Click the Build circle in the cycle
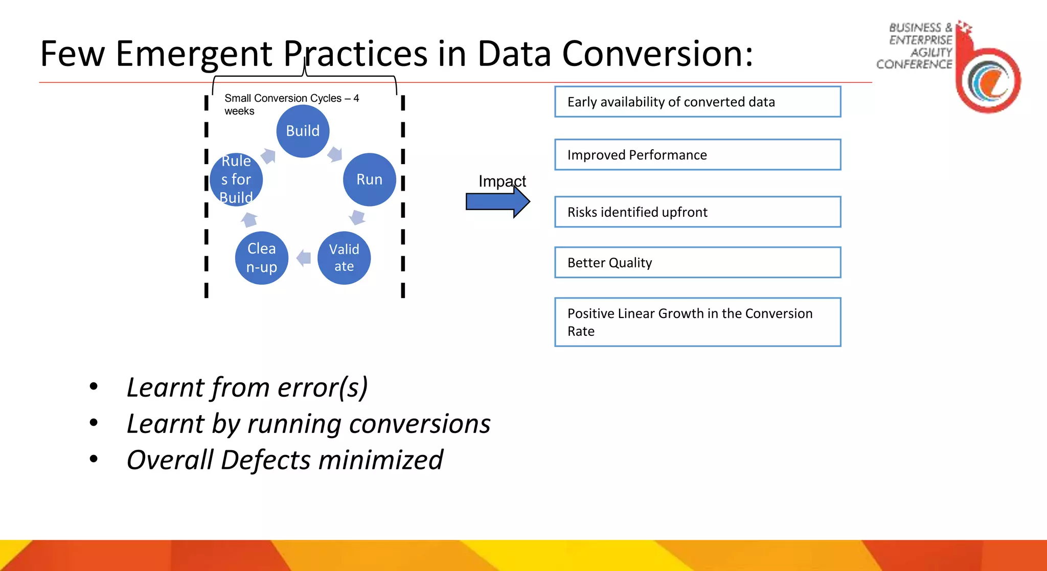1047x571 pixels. click(x=303, y=131)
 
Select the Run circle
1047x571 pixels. click(x=369, y=179)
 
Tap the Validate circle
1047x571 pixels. click(x=344, y=258)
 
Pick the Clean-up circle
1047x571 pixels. click(x=261, y=258)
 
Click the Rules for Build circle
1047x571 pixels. click(x=236, y=179)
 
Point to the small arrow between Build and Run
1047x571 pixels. click(x=334, y=153)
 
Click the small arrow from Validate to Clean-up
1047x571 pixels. click(x=304, y=258)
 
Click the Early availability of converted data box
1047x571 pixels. click(x=697, y=102)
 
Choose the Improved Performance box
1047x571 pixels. click(x=697, y=154)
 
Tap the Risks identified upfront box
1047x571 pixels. click(x=697, y=212)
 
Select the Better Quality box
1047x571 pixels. click(x=697, y=262)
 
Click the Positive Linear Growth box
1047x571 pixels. click(x=697, y=322)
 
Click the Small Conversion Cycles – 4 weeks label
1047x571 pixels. click(x=291, y=104)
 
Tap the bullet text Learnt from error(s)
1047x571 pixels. click(x=247, y=387)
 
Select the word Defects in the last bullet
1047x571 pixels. click(x=265, y=460)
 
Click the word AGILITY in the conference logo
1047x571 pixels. click(x=931, y=52)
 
